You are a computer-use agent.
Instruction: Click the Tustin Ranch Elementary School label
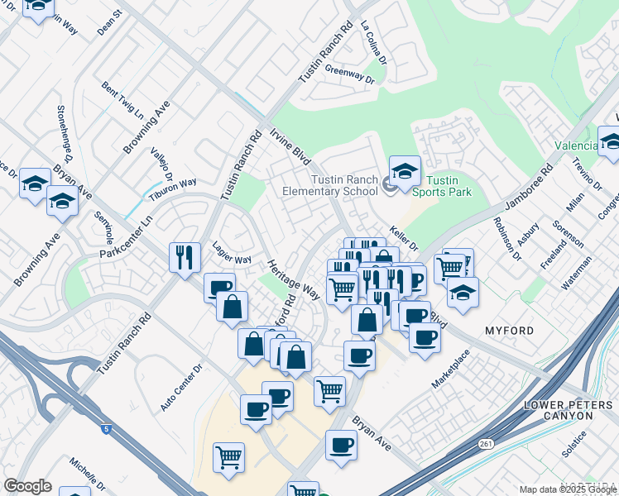pyautogui.click(x=344, y=186)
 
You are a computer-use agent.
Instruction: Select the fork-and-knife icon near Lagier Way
pyautogui.click(x=183, y=257)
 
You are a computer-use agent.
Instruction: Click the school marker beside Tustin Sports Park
pyautogui.click(x=405, y=171)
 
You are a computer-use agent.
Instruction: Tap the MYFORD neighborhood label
pyautogui.click(x=509, y=331)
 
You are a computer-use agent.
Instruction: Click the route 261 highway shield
pyautogui.click(x=482, y=445)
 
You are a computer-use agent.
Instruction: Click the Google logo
pyautogui.click(x=28, y=486)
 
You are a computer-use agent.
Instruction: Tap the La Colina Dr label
pyautogui.click(x=373, y=43)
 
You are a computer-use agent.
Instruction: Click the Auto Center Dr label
pyautogui.click(x=181, y=389)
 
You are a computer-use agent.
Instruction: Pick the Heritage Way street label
pyautogui.click(x=293, y=279)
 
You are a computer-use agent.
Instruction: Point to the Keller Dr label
pyautogui.click(x=403, y=240)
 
